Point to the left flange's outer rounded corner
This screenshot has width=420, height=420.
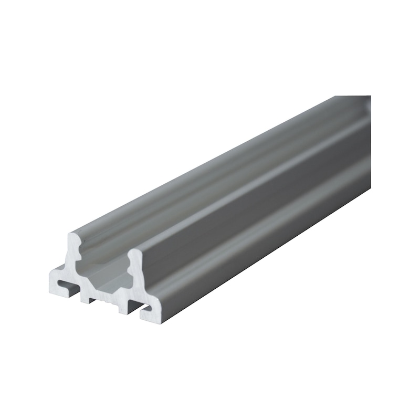pyautogui.click(x=51, y=274)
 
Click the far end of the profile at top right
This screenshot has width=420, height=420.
pyautogui.click(x=362, y=105)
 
